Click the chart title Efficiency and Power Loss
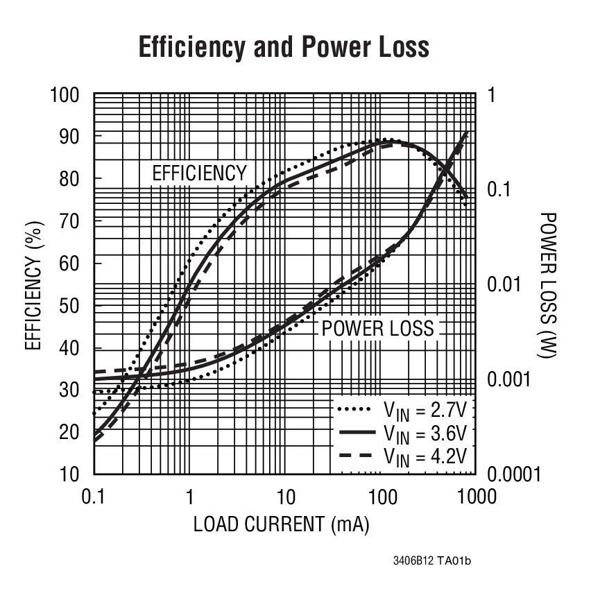pos(284,47)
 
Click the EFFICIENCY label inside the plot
pos(199,173)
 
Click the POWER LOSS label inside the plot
pos(378,328)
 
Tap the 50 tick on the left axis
pos(70,306)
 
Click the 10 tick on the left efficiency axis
pos(70,474)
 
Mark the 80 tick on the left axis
pos(70,179)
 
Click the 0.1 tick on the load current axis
pos(94,497)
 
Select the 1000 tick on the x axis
pos(475,497)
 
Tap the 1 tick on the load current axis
pos(189,497)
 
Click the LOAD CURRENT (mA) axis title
pos(281,524)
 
